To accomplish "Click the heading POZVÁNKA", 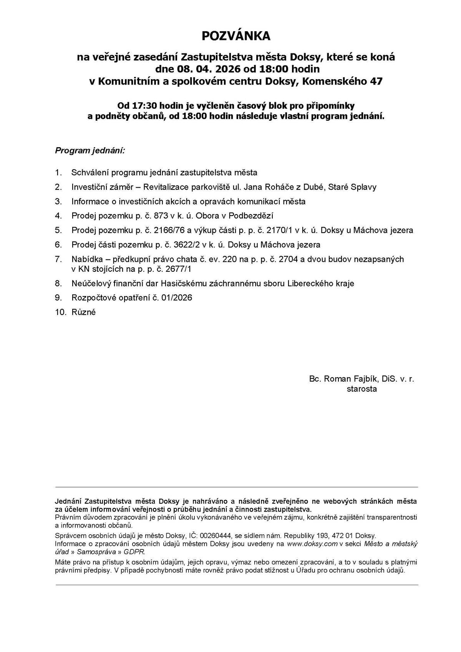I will (236, 36).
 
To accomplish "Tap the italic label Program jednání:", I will (90, 150).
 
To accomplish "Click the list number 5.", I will (58, 230).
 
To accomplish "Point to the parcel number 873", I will (161, 216).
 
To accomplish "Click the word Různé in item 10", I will (83, 312).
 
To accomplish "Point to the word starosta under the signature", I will (362, 389).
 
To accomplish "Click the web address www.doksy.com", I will (312, 544).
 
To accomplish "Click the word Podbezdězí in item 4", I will (251, 216).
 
